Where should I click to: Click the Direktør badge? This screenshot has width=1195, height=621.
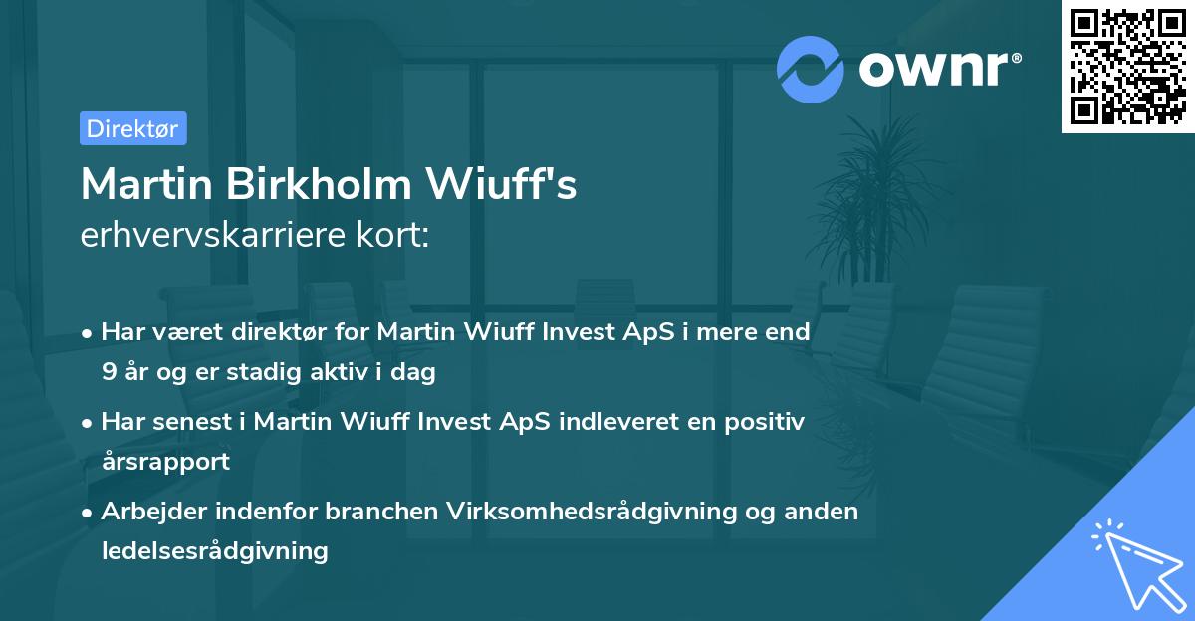click(x=132, y=128)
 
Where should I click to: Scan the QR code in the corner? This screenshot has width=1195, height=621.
click(x=1127, y=66)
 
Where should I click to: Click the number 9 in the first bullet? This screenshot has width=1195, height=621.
click(x=108, y=373)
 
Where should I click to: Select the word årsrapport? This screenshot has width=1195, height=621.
click(x=165, y=461)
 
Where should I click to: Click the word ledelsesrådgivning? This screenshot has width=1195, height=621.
click(x=214, y=550)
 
